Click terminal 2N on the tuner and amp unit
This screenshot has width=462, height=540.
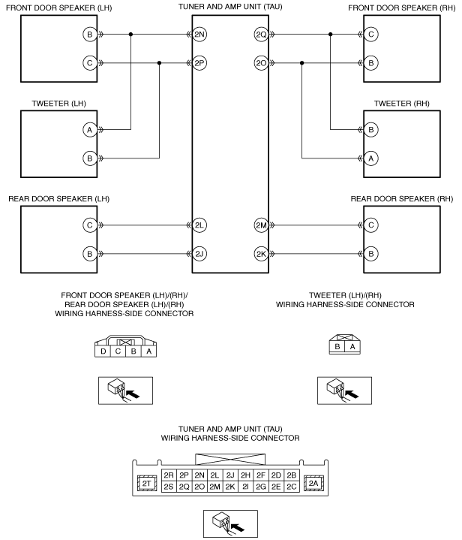click(199, 35)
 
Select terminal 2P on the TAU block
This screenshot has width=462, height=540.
click(199, 63)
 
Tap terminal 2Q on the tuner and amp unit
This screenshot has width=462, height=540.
click(262, 35)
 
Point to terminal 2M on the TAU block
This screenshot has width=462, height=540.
click(262, 225)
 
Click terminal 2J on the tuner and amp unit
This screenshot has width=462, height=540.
click(199, 254)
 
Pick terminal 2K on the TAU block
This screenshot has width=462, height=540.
click(262, 254)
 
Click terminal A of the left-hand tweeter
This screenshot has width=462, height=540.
click(90, 130)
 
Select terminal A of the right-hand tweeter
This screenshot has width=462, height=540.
click(370, 158)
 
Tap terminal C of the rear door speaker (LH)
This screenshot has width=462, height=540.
click(90, 225)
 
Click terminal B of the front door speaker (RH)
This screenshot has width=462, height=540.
click(370, 63)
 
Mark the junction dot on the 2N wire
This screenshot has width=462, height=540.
click(130, 35)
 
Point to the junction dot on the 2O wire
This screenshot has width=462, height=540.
click(301, 63)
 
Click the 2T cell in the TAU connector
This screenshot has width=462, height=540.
click(147, 484)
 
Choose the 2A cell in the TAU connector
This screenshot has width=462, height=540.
click(313, 484)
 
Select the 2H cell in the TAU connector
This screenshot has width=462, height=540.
click(245, 475)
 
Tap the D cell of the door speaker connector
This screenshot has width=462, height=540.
click(103, 351)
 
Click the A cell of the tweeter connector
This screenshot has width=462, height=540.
click(352, 347)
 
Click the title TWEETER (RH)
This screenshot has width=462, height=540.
click(401, 104)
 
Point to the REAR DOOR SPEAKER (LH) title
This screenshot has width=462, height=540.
click(58, 199)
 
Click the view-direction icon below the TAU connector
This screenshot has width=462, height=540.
click(230, 523)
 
